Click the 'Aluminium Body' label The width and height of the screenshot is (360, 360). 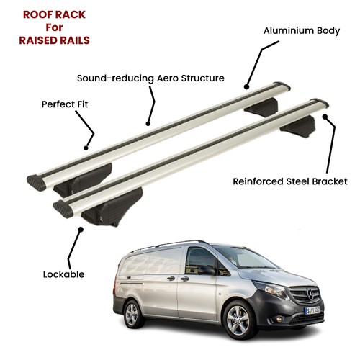tap(302, 31)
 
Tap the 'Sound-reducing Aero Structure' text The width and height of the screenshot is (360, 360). tap(150, 78)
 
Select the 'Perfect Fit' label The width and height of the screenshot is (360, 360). tap(65, 104)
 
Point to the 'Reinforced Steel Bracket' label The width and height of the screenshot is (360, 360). tap(290, 181)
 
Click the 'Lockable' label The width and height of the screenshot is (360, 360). tap(63, 274)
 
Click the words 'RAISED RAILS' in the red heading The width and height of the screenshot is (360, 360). tap(54, 40)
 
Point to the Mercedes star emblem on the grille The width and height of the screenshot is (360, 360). tap(310, 294)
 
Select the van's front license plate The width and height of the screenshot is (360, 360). tap(312, 310)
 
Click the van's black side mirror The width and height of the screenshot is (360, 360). tap(207, 271)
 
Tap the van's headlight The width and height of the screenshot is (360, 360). tap(271, 289)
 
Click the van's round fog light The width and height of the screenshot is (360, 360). tap(279, 320)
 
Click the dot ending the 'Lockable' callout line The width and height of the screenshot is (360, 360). tap(81, 230)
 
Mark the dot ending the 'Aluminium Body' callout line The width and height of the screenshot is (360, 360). tap(246, 86)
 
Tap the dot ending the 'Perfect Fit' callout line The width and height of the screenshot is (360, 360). tap(86, 148)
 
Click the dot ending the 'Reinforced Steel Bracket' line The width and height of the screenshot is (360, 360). tap(325, 117)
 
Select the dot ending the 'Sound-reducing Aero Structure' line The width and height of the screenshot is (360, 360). tap(148, 124)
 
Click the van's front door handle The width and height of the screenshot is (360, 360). tap(184, 279)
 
